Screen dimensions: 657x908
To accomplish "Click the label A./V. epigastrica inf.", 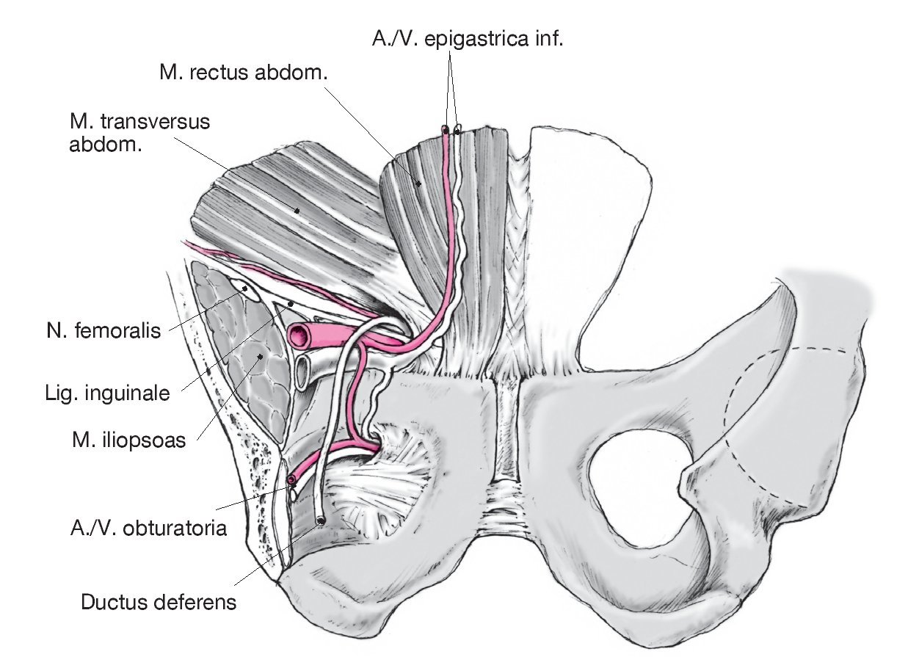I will [467, 39].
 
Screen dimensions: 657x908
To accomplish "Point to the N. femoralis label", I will [101, 331].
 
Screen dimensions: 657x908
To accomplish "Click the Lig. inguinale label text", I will [106, 393].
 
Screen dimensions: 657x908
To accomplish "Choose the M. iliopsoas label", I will [128, 442].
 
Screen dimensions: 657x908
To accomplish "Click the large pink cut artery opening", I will [299, 335].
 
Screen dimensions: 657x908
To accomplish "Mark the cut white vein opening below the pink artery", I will [302, 371].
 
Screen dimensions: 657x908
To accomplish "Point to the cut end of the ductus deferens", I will [321, 521].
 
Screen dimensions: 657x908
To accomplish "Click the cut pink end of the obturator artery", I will [292, 481].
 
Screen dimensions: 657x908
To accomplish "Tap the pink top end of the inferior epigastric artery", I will [445, 130].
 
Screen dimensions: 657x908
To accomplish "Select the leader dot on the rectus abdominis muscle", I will [419, 185].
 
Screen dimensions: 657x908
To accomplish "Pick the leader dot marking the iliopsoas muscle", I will [261, 357].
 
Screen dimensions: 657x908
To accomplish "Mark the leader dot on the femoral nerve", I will [244, 290].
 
